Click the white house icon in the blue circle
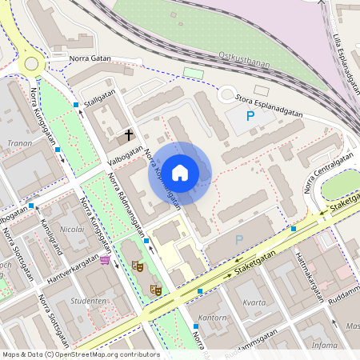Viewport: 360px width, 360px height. pyautogui.click(x=180, y=172)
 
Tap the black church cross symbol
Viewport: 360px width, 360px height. pyautogui.click(x=130, y=136)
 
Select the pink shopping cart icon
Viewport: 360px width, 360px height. pyautogui.click(x=105, y=259)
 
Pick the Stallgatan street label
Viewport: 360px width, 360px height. pyautogui.click(x=100, y=102)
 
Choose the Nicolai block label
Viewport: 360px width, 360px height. pyautogui.click(x=72, y=228)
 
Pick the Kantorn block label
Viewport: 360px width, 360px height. pyautogui.click(x=214, y=318)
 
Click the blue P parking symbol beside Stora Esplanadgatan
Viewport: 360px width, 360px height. pyautogui.click(x=250, y=117)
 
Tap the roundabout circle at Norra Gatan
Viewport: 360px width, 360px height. pyautogui.click(x=32, y=63)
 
